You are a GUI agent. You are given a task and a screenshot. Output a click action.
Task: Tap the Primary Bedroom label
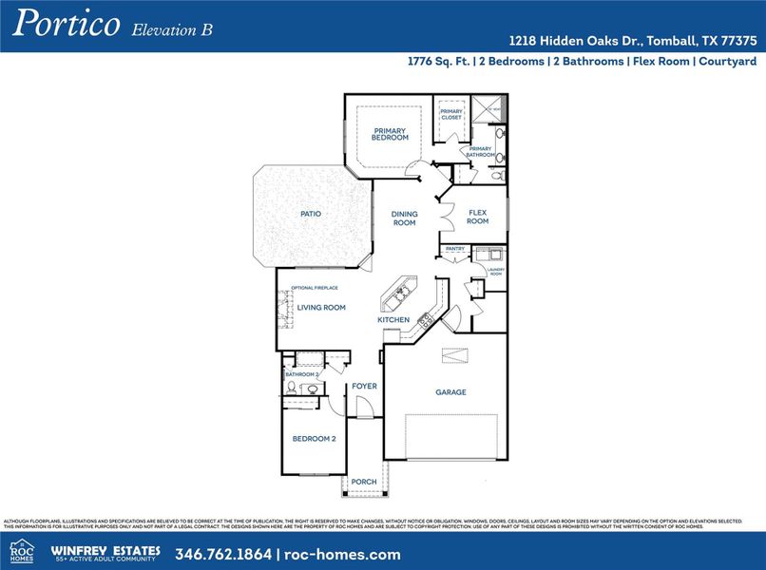click(x=391, y=134)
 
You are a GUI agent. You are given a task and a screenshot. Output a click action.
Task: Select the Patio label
click(x=311, y=214)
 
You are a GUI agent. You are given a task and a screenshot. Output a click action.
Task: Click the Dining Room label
click(x=405, y=218)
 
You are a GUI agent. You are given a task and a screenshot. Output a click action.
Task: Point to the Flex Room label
click(x=477, y=217)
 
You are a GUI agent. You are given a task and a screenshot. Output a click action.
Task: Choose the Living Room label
click(x=321, y=308)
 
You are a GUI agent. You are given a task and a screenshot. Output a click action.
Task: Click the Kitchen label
click(x=393, y=320)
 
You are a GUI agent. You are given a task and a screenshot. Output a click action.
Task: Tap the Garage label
click(x=450, y=391)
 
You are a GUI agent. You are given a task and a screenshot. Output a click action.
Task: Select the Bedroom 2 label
click(x=314, y=439)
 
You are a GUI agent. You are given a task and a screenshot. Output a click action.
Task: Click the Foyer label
click(x=364, y=387)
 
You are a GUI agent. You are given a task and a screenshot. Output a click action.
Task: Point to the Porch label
click(x=364, y=482)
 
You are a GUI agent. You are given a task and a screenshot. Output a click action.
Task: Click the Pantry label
click(x=453, y=249)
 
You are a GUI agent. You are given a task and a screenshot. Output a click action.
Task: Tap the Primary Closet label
click(x=451, y=114)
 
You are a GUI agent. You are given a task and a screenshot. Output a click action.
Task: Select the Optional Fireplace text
click(x=315, y=288)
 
